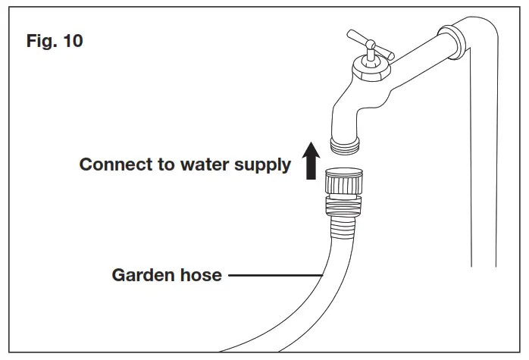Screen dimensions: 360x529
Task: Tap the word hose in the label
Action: tap(201, 274)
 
